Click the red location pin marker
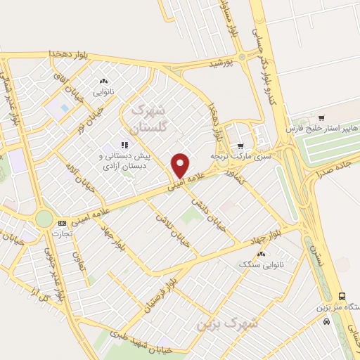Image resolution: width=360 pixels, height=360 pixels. tap(181, 165)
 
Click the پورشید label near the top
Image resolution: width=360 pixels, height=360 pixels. tap(220, 64)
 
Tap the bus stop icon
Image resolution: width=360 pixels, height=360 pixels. tap(342, 296)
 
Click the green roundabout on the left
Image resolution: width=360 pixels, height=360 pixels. tap(44, 219)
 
